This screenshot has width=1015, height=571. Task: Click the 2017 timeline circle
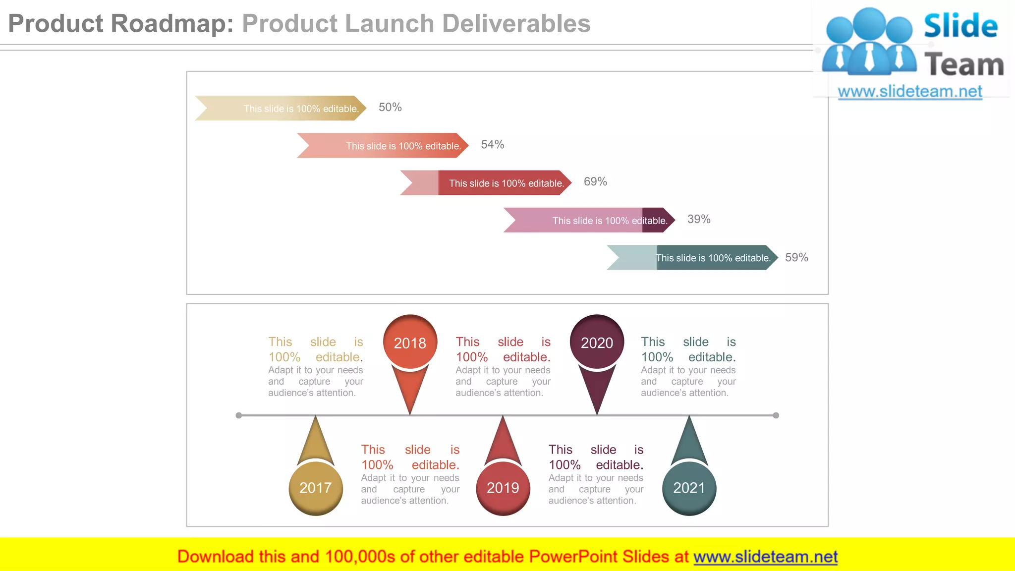click(x=316, y=488)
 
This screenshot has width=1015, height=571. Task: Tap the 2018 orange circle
click(x=410, y=343)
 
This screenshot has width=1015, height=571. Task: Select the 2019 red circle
click(x=503, y=488)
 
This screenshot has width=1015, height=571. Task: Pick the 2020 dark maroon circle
click(x=597, y=343)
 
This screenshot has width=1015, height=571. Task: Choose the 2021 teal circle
click(x=689, y=488)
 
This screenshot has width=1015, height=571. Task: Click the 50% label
click(x=390, y=108)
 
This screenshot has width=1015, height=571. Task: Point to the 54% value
click(x=493, y=145)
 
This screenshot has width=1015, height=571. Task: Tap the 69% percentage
click(x=595, y=182)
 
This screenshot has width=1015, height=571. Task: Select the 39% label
click(x=699, y=219)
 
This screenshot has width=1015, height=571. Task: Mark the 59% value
click(x=796, y=258)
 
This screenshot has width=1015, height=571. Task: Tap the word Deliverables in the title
click(x=516, y=24)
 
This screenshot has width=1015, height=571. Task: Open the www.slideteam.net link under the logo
click(x=910, y=92)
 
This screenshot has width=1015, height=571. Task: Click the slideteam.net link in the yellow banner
click(x=765, y=557)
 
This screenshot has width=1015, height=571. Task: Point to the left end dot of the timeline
click(x=239, y=415)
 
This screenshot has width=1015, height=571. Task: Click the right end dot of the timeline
click(x=776, y=415)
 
